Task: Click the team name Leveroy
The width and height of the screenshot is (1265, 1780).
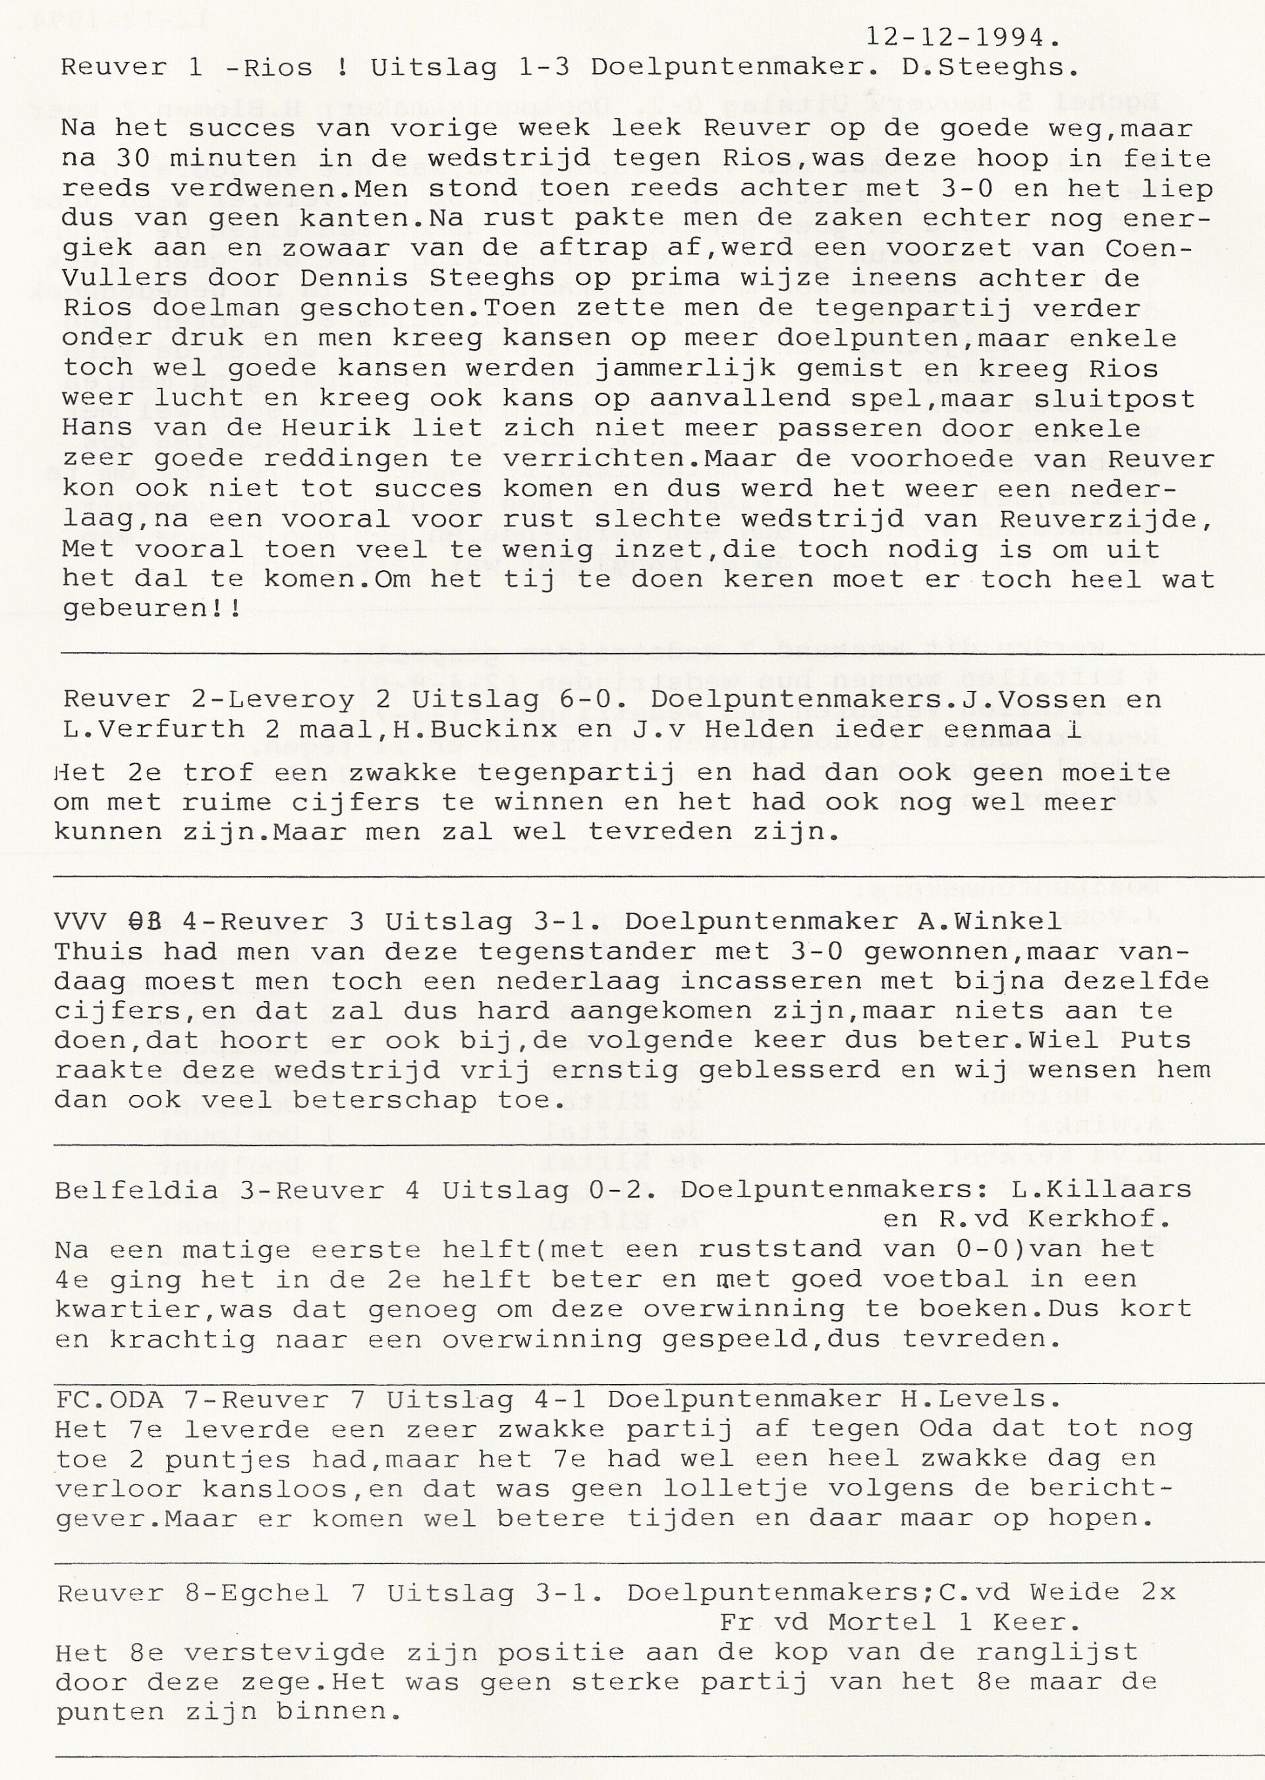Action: coord(292,699)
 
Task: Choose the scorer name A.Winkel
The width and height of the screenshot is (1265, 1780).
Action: coord(988,921)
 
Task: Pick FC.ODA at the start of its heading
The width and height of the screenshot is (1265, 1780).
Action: coord(109,1399)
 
